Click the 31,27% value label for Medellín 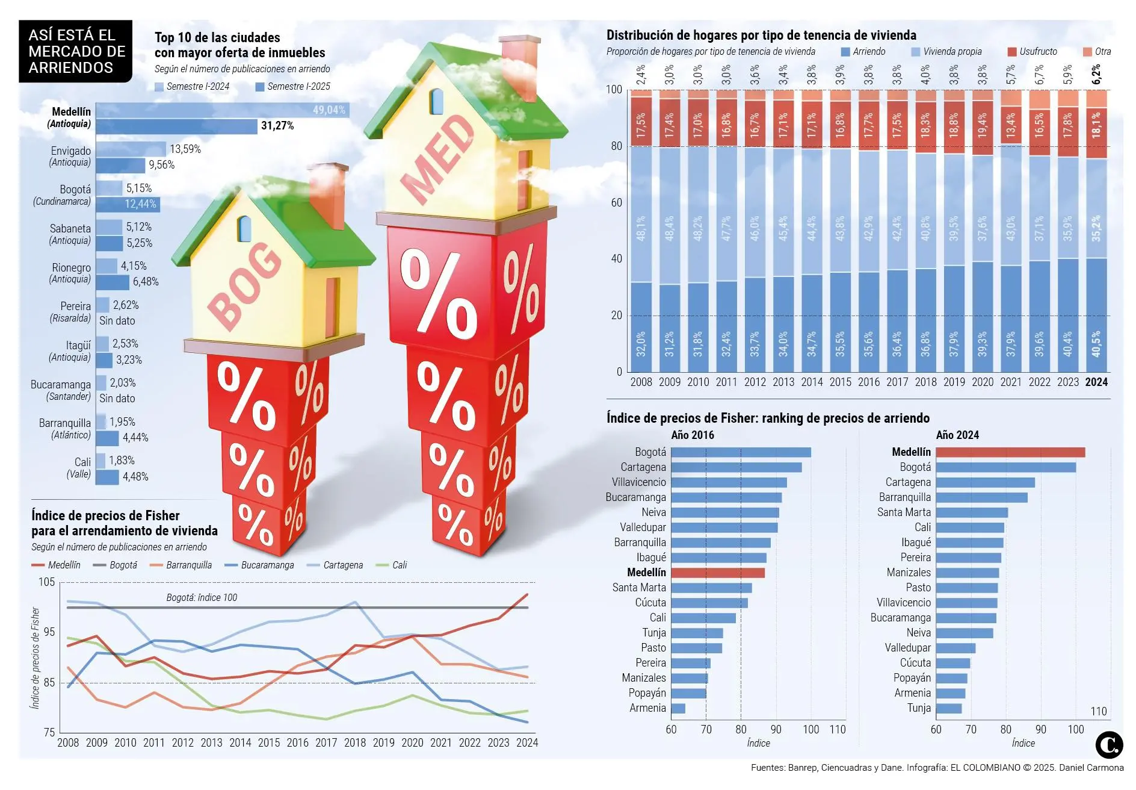pyautogui.click(x=277, y=126)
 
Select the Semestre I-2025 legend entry pyautogui.click(x=293, y=87)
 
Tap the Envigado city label pyautogui.click(x=71, y=151)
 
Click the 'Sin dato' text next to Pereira pyautogui.click(x=117, y=321)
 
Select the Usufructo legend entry pyautogui.click(x=1033, y=52)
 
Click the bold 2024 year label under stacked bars pyautogui.click(x=1096, y=382)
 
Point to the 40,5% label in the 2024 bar pyautogui.click(x=1096, y=343)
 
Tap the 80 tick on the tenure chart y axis pyautogui.click(x=616, y=146)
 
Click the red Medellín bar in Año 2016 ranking pyautogui.click(x=718, y=573)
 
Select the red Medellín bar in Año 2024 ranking pyautogui.click(x=1010, y=452)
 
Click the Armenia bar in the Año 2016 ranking pyautogui.click(x=678, y=708)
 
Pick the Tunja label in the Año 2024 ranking pyautogui.click(x=919, y=708)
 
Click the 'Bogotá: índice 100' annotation pyautogui.click(x=202, y=597)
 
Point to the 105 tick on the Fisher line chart pyautogui.click(x=46, y=582)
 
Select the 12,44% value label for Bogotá pyautogui.click(x=140, y=204)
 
